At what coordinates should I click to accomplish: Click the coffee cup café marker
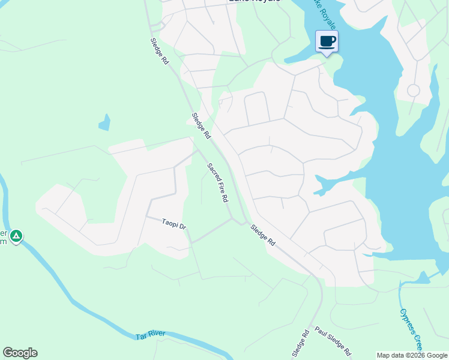327,42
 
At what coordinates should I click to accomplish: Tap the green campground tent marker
17,236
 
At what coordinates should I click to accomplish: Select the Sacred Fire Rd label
218,182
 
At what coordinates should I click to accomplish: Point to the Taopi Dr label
174,224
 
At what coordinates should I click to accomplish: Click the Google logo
20,353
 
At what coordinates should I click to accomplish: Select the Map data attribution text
412,355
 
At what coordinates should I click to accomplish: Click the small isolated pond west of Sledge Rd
104,122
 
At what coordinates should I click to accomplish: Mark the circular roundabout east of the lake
413,91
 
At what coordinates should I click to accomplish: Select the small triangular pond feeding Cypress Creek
423,277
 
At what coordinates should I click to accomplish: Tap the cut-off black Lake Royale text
254,2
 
